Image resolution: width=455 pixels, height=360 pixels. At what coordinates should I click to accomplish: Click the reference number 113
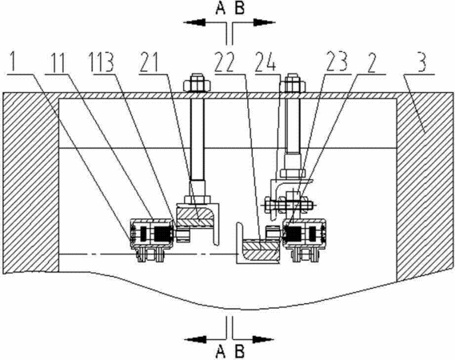[102, 62]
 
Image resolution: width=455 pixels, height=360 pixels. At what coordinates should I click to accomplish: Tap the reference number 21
[150, 62]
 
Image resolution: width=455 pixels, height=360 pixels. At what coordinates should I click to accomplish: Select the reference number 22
[224, 62]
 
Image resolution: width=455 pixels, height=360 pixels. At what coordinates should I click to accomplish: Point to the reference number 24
[265, 62]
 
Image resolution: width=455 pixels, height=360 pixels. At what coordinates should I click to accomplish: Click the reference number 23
[337, 62]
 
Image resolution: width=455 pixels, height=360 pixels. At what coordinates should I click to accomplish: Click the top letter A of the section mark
[221, 8]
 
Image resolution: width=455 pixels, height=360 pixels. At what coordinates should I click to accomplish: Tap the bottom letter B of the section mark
[239, 351]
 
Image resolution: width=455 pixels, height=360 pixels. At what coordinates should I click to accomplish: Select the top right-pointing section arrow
[254, 22]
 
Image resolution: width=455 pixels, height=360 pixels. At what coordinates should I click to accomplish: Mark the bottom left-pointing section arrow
[206, 339]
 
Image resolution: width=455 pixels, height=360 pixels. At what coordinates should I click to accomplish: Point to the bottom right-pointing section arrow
[253, 339]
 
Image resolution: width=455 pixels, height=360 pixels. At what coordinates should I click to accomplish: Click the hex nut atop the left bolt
[197, 82]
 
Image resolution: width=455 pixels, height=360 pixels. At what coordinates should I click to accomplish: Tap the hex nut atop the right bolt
[293, 82]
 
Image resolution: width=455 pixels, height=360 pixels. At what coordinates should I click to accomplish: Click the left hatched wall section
[30, 183]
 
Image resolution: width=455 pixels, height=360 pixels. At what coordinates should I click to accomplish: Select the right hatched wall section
[425, 186]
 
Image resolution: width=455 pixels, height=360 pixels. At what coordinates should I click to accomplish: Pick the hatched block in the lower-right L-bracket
[261, 250]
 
